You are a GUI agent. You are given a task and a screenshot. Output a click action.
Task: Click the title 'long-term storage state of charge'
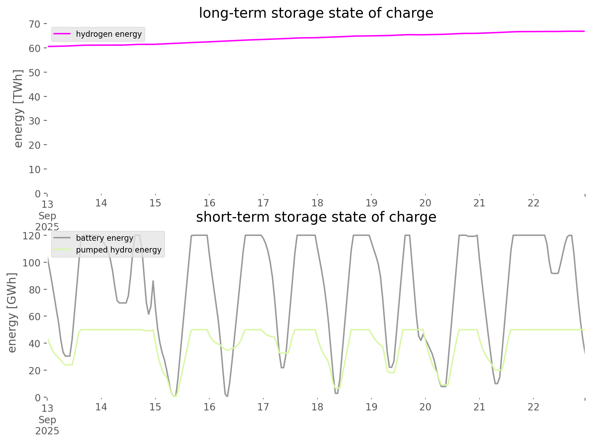[316, 13]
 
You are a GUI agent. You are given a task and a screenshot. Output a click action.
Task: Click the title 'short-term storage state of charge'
[316, 217]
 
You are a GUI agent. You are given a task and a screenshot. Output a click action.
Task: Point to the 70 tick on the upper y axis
[35, 24]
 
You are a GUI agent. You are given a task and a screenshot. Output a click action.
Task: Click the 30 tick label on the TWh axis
[35, 121]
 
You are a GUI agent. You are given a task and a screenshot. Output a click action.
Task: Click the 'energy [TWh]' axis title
[18, 109]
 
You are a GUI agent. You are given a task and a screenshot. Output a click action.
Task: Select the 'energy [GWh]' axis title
[12, 313]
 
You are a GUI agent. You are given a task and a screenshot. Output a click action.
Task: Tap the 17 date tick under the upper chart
[263, 203]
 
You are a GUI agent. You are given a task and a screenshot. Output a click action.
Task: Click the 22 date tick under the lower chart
[533, 407]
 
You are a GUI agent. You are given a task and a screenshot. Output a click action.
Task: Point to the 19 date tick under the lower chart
[371, 407]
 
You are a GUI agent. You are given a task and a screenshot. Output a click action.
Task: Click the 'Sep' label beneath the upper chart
[47, 216]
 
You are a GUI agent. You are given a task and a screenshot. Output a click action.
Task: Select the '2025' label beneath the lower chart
[47, 431]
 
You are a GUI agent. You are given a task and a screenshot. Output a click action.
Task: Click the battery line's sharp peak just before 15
[153, 281]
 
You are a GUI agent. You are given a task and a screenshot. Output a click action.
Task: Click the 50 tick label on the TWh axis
[35, 73]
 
